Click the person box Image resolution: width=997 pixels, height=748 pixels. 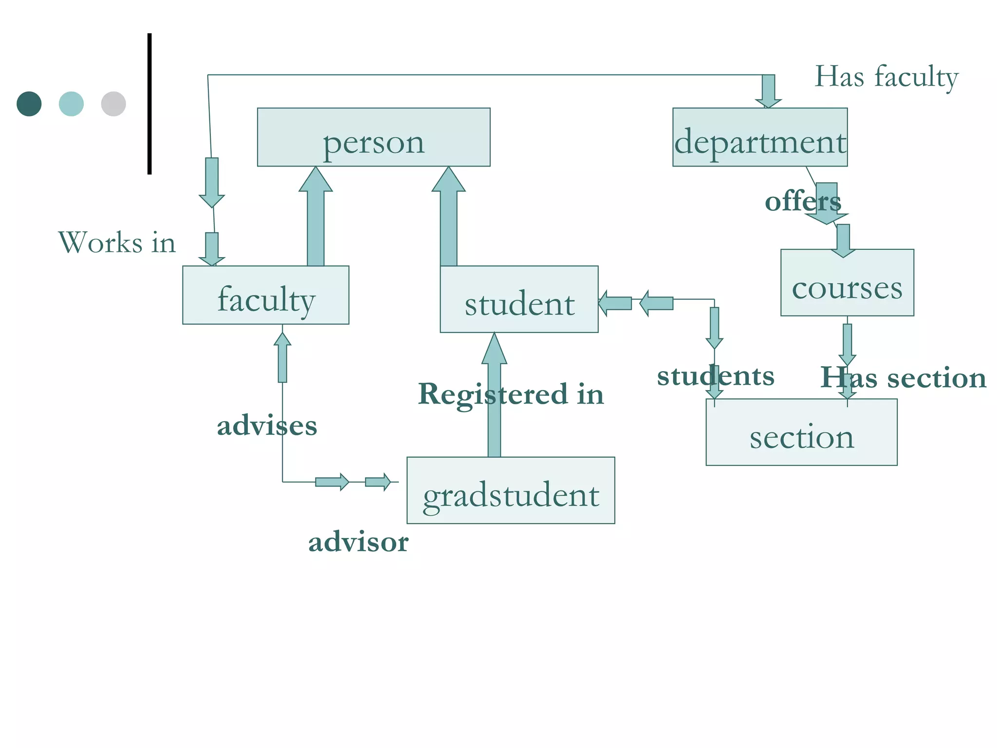tap(373, 137)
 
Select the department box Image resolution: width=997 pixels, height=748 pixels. tap(759, 137)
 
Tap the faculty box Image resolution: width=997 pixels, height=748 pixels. tap(265, 295)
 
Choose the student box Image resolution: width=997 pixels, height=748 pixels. tap(519, 299)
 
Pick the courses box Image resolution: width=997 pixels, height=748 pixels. tap(847, 283)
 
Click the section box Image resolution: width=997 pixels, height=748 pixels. tap(801, 432)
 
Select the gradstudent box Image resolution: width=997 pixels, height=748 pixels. tap(511, 490)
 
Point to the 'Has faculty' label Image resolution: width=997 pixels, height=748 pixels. tap(886, 77)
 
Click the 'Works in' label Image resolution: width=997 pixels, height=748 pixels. tap(117, 243)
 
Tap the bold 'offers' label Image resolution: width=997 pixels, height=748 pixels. tap(802, 202)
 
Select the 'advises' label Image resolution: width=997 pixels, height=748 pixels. tap(267, 426)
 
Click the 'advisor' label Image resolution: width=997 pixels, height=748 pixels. tap(358, 542)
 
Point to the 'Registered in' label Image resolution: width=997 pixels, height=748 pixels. tap(511, 394)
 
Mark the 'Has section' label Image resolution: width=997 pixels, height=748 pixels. tap(904, 378)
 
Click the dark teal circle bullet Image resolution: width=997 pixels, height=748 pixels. tap(29, 104)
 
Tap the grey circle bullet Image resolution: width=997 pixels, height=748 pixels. tap(113, 104)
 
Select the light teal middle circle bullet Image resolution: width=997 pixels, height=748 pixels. tap(71, 104)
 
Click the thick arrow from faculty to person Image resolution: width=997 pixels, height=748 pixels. tap(315, 219)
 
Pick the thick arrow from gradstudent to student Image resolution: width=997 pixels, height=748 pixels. tap(494, 399)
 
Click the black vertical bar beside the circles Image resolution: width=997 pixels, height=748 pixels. tap(149, 104)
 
